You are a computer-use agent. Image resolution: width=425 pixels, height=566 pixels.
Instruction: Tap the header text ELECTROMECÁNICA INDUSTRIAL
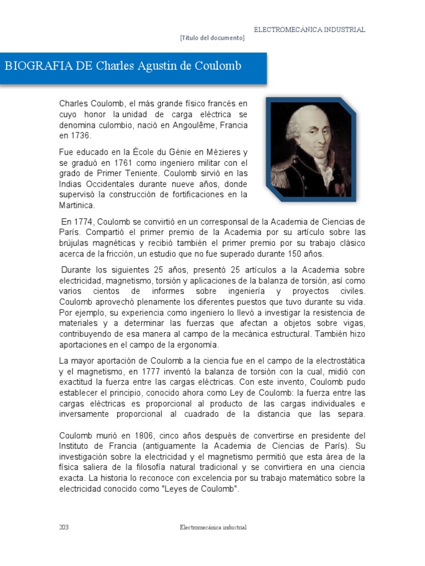click(x=309, y=29)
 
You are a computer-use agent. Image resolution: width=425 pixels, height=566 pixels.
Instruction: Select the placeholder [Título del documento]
click(x=212, y=38)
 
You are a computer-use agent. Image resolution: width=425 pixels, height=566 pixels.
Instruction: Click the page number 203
click(x=64, y=527)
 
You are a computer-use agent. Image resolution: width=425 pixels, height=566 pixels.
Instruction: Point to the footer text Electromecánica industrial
click(x=213, y=527)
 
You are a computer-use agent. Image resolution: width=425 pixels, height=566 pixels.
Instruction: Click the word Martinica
click(x=77, y=205)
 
